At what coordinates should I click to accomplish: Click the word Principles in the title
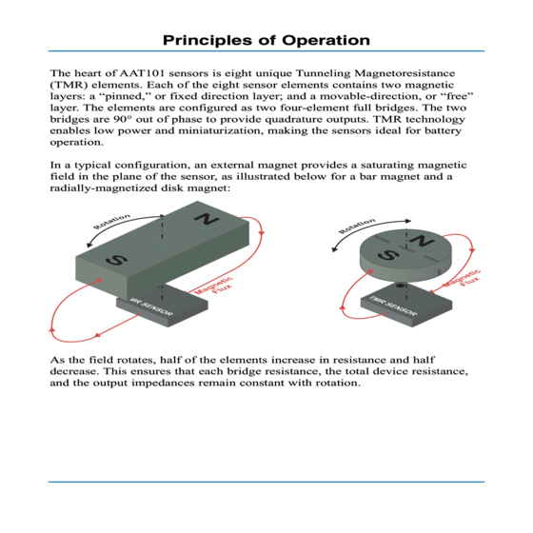pyautogui.click(x=208, y=41)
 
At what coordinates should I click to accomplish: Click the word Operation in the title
pyautogui.click(x=326, y=40)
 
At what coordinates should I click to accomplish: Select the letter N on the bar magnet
pyautogui.click(x=206, y=219)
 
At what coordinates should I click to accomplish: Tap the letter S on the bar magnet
pyautogui.click(x=116, y=260)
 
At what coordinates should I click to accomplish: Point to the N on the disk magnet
pyautogui.click(x=422, y=241)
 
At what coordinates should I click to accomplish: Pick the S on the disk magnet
pyautogui.click(x=388, y=254)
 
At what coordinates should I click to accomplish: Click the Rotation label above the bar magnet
pyautogui.click(x=112, y=221)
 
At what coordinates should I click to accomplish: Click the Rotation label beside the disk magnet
pyautogui.click(x=357, y=227)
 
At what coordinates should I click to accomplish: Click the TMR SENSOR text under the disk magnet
pyautogui.click(x=392, y=306)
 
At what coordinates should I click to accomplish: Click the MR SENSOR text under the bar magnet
pyautogui.click(x=151, y=306)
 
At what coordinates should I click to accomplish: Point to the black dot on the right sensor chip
pyautogui.click(x=401, y=286)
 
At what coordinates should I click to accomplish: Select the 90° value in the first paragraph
pyautogui.click(x=124, y=119)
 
